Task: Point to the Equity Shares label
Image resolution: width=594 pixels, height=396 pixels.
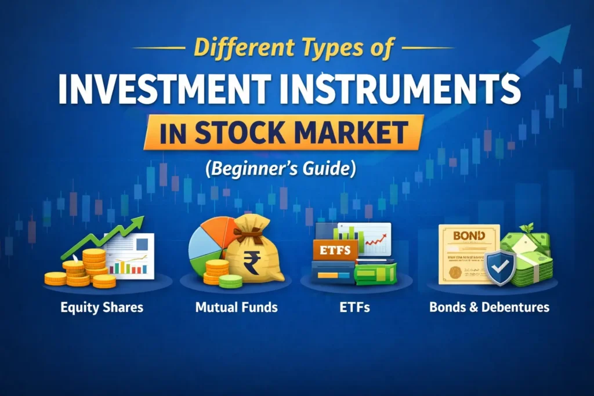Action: (x=102, y=307)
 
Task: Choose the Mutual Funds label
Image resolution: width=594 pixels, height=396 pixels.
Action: (x=236, y=307)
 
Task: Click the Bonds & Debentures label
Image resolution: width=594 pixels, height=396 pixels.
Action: (x=489, y=307)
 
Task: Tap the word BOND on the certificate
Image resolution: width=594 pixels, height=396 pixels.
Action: (x=469, y=237)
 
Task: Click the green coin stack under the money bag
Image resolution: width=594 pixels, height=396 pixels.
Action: (x=231, y=281)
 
